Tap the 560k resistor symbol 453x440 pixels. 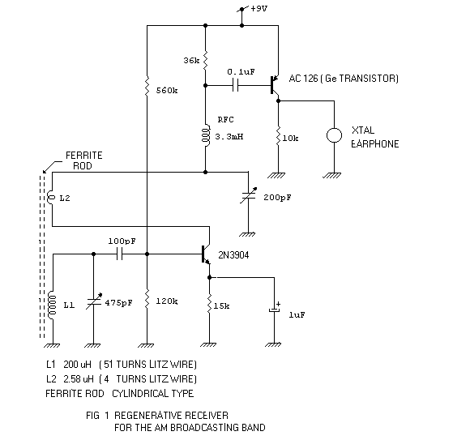click(x=147, y=84)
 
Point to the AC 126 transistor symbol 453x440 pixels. click(x=275, y=82)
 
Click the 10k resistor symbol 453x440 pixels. click(x=279, y=137)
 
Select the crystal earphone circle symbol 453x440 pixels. click(x=332, y=135)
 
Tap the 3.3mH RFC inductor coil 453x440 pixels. click(x=207, y=135)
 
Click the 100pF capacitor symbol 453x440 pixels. click(x=120, y=254)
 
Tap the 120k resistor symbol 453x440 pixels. click(x=147, y=301)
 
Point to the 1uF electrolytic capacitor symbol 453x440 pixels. click(x=276, y=311)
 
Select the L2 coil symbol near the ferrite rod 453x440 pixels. click(x=51, y=198)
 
